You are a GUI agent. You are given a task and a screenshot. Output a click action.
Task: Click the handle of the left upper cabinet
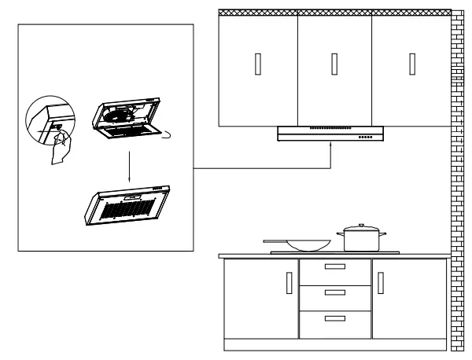tap(259, 64)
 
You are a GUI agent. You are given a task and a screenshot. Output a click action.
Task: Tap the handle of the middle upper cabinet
tap(334, 64)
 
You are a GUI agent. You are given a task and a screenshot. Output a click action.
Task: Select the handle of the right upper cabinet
tap(411, 64)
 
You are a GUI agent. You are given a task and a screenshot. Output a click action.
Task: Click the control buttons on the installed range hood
tap(366, 138)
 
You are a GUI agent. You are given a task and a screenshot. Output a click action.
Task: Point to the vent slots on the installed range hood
tap(329, 128)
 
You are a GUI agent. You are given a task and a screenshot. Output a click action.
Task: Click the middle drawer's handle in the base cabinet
tap(334, 292)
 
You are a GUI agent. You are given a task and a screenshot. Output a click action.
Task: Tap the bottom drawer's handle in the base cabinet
tap(334, 318)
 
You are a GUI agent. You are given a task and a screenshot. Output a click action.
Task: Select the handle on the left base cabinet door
tap(289, 284)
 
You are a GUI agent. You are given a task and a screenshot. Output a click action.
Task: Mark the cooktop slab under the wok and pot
tap(334, 252)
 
